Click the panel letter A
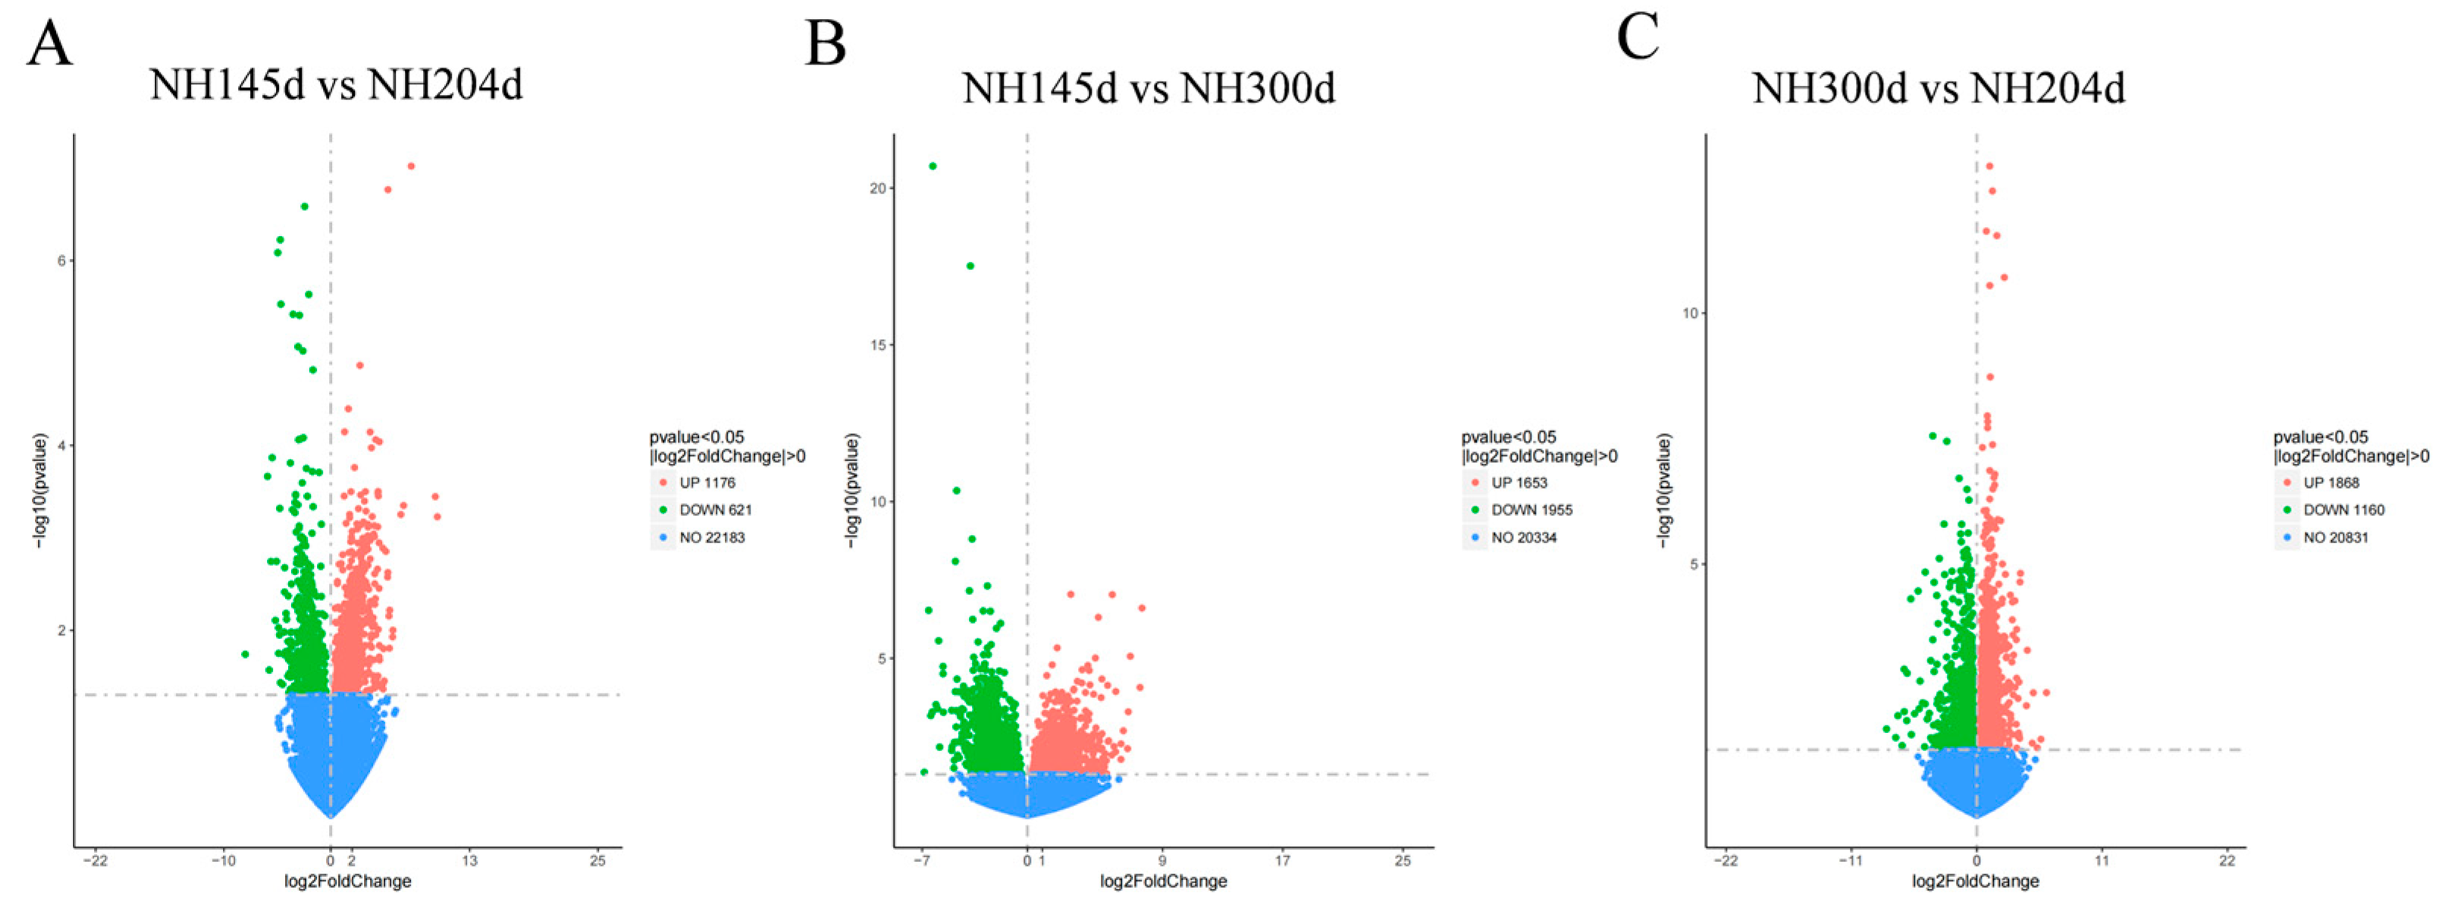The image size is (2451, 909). (x=49, y=45)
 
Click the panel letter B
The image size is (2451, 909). (x=824, y=45)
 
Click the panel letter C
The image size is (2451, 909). (x=1638, y=39)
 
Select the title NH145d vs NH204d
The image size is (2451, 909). (x=336, y=86)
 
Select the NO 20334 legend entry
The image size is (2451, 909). (x=1523, y=538)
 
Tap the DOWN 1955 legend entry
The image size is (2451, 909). (x=1531, y=510)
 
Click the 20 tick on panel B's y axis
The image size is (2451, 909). (x=877, y=188)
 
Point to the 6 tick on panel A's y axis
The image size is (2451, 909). (x=63, y=261)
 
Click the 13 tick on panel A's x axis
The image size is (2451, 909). (x=469, y=860)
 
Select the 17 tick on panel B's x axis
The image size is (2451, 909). (x=1282, y=860)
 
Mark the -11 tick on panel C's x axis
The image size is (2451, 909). (x=1850, y=860)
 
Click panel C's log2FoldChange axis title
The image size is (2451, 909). (x=1975, y=882)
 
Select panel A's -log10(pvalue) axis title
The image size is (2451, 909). (x=40, y=490)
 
